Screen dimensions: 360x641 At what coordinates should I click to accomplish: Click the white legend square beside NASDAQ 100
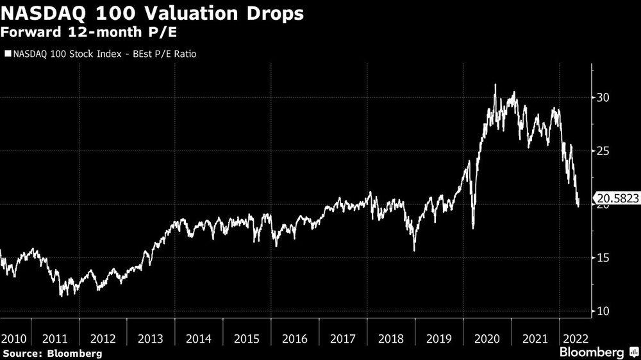pos(7,54)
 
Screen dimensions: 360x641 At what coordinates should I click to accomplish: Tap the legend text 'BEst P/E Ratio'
pos(165,54)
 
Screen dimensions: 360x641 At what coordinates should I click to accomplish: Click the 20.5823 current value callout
pos(617,199)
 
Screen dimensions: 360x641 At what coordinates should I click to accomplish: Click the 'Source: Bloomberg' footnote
pos(53,353)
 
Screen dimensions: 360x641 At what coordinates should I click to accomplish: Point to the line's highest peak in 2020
pos(494,84)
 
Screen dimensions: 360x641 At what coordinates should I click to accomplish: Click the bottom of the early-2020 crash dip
pos(473,227)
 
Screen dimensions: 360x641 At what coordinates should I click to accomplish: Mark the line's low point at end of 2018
pos(414,250)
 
